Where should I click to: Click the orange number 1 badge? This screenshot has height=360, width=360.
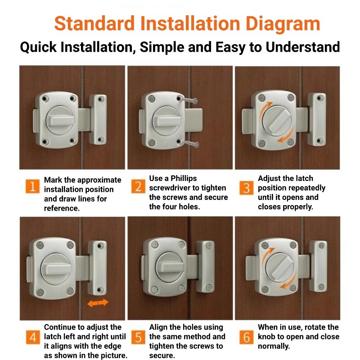tap(32, 186)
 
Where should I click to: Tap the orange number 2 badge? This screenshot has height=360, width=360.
tap(138, 186)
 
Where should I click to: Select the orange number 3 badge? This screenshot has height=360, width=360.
tap(246, 188)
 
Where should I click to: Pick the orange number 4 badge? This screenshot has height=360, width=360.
tap(33, 337)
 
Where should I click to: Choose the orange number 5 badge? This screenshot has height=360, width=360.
tap(138, 337)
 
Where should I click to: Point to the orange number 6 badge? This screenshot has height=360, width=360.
tap(246, 337)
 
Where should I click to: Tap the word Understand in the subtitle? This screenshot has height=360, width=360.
tap(302, 47)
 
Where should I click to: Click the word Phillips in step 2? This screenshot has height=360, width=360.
tap(184, 179)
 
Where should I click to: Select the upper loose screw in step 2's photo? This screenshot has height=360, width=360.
tap(188, 100)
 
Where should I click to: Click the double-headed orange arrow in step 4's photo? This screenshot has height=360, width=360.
tap(98, 303)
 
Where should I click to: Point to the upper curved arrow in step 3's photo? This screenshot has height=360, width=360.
tap(265, 108)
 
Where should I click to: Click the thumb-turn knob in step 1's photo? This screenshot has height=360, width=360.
tap(60, 120)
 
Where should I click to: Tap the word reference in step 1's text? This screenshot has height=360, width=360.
tap(62, 208)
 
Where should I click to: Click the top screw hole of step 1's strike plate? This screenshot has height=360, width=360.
tap(100, 99)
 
